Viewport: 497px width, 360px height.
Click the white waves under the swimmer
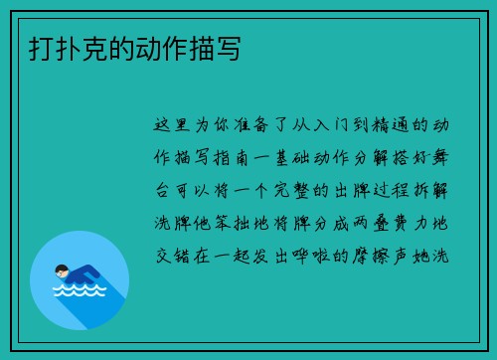click(79, 291)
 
